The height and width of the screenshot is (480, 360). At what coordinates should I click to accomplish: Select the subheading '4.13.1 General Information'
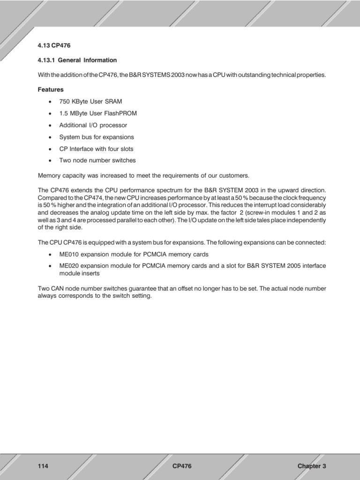click(x=77, y=60)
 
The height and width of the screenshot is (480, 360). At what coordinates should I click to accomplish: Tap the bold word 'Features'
click(x=51, y=89)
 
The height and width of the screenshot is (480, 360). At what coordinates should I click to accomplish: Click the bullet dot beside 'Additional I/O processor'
click(x=50, y=126)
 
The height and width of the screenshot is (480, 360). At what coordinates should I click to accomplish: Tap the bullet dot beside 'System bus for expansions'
click(x=50, y=137)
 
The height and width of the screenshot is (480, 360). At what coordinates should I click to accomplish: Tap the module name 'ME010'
click(x=69, y=254)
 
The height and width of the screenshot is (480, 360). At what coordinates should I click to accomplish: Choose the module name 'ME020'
click(x=69, y=266)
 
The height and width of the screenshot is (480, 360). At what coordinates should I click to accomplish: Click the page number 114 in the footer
click(x=43, y=466)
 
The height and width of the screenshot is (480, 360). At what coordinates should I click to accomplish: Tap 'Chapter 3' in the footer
click(x=311, y=466)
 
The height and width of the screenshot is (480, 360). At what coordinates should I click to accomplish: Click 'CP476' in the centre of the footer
click(x=182, y=466)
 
